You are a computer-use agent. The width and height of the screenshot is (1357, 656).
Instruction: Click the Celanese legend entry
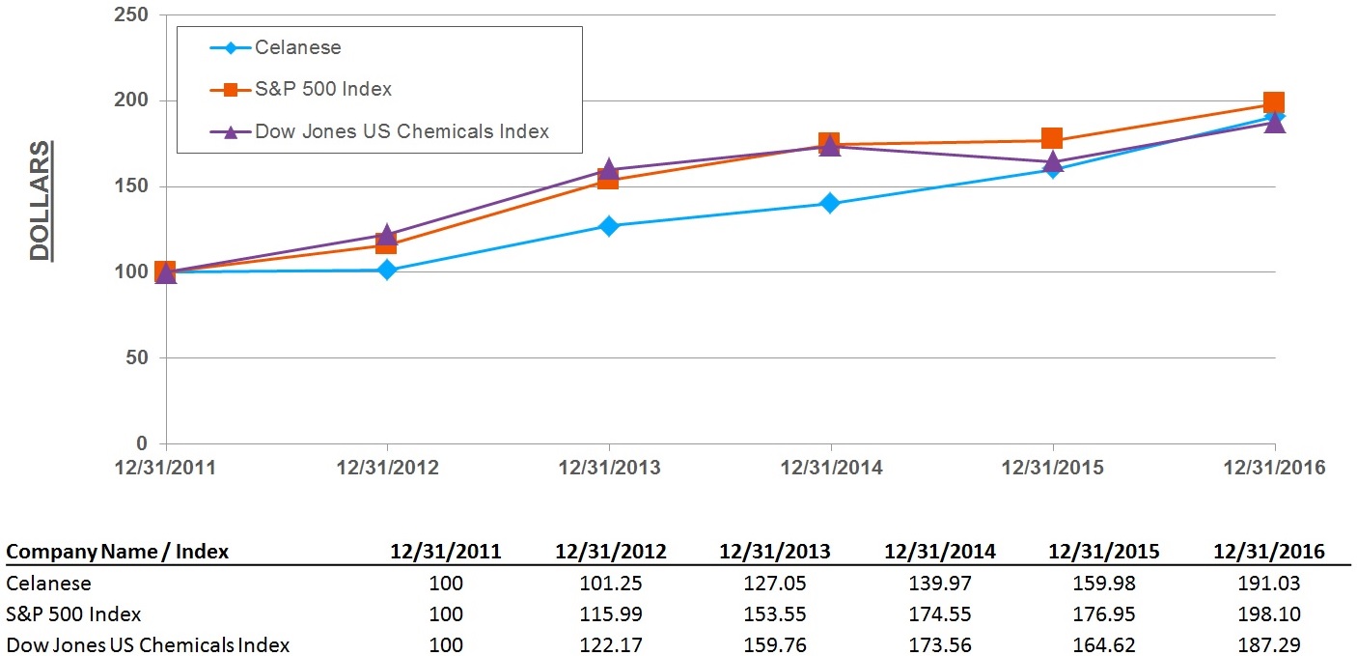click(297, 47)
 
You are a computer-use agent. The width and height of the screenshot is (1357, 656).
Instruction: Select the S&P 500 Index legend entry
click(322, 90)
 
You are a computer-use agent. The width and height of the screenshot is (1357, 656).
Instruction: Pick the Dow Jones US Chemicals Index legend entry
click(401, 131)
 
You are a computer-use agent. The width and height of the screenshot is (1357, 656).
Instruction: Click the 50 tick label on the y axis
click(139, 358)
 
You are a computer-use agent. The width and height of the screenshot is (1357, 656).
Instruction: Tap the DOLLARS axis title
click(40, 201)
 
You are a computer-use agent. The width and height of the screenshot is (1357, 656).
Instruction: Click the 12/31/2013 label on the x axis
click(609, 468)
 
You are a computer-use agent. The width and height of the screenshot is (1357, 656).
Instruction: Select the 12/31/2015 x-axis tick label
click(1053, 468)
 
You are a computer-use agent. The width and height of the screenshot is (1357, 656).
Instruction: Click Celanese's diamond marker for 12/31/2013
click(609, 226)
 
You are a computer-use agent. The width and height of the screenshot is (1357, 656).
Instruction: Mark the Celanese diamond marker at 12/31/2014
click(830, 204)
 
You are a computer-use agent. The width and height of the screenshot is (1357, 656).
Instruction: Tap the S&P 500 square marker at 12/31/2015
click(1052, 139)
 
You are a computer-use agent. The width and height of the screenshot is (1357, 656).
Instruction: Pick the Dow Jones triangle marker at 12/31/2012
click(387, 235)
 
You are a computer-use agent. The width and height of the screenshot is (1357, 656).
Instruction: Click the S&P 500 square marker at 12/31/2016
click(1273, 103)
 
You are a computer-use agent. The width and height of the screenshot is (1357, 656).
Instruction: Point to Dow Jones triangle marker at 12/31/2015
click(1052, 161)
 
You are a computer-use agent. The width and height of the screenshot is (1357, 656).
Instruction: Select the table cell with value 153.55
click(775, 614)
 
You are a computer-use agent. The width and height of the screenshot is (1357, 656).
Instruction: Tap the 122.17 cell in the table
click(610, 644)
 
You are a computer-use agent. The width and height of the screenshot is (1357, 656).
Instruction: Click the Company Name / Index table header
click(118, 552)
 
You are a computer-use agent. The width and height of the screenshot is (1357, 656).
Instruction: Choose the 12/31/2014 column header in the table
click(940, 552)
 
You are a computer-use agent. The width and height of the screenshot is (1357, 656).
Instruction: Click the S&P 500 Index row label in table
click(73, 614)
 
